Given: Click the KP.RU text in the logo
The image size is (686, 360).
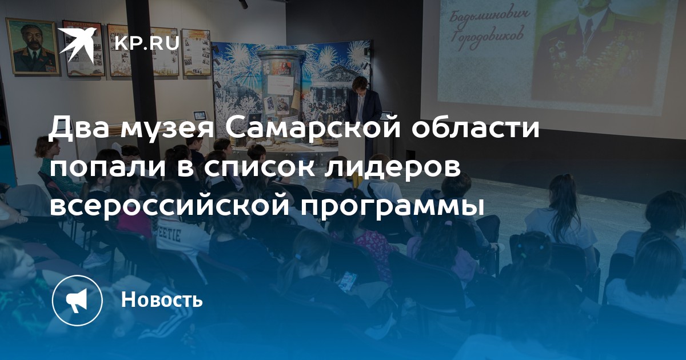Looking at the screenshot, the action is [147, 43].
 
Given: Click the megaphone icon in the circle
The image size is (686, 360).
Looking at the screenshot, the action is [77, 301].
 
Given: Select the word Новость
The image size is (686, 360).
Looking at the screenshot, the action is [162, 299].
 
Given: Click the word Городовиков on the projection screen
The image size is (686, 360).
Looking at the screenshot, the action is [486, 39].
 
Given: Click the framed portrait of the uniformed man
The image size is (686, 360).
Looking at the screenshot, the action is [33, 46].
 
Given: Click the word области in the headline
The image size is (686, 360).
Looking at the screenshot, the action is [475, 128].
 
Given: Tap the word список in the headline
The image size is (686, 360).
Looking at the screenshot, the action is [259, 168].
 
